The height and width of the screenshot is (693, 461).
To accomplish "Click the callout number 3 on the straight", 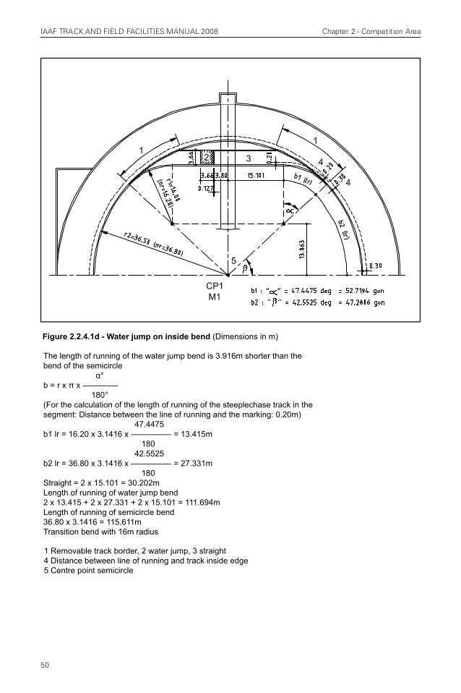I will point(248,157).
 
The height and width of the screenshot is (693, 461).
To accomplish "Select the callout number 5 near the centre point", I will point(233,260).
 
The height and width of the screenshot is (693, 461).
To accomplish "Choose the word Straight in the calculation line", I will point(58,482).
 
